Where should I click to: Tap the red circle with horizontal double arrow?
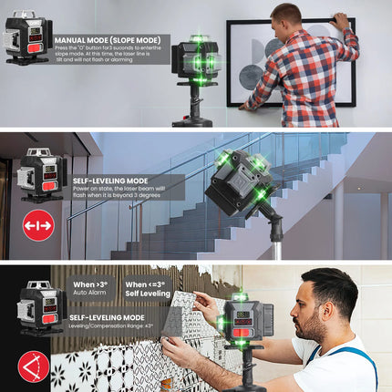38,225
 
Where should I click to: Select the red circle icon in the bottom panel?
34,366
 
